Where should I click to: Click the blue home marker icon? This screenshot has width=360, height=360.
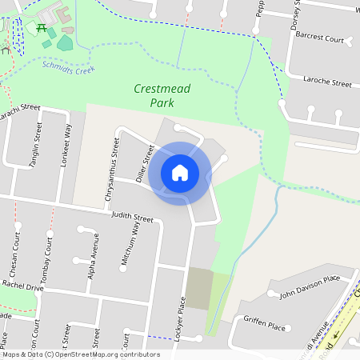(x=180, y=172)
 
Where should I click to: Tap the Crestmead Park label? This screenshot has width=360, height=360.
(x=162, y=96)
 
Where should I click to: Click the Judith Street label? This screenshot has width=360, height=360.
(x=131, y=216)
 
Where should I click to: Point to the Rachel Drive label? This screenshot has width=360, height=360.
(x=22, y=284)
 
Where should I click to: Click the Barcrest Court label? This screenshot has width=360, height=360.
(x=318, y=38)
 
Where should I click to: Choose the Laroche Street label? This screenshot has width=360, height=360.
(x=328, y=82)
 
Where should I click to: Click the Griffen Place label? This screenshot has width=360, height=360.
(x=265, y=326)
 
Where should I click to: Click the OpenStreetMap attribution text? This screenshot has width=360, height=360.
(x=81, y=354)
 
